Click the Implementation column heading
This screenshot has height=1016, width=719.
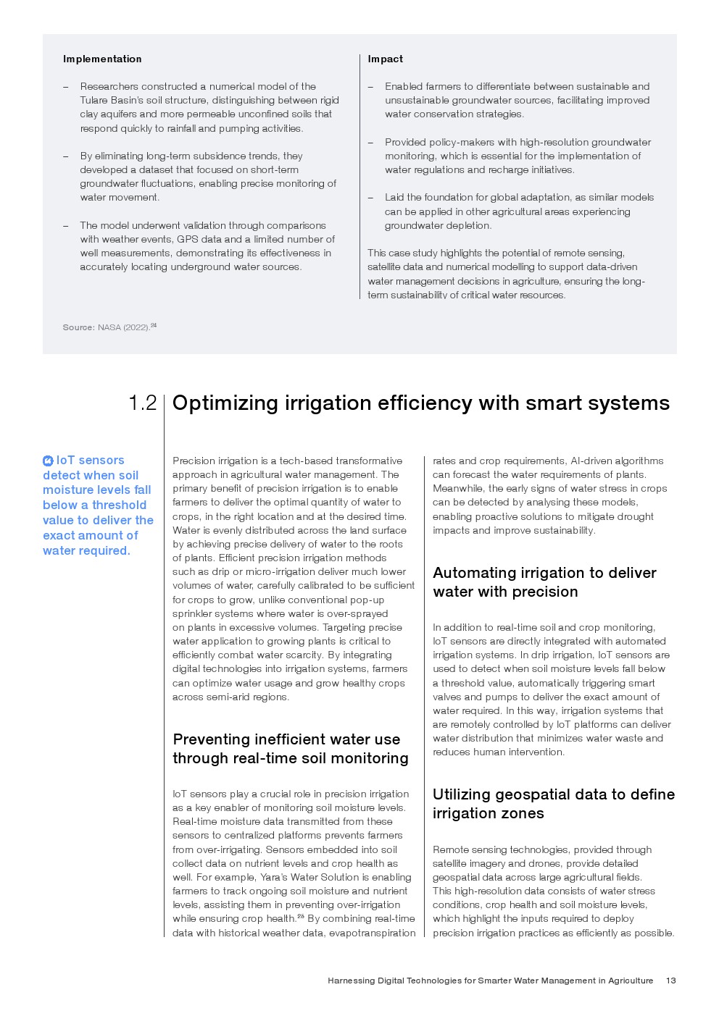pyautogui.click(x=102, y=59)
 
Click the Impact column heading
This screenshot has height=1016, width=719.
pyautogui.click(x=385, y=59)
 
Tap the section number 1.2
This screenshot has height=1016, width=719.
pyautogui.click(x=142, y=403)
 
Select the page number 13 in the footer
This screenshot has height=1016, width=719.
pyautogui.click(x=670, y=981)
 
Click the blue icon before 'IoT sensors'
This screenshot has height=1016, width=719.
pyautogui.click(x=48, y=461)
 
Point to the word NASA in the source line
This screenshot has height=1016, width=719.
pyautogui.click(x=109, y=327)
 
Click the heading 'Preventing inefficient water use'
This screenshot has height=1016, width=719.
pyautogui.click(x=286, y=739)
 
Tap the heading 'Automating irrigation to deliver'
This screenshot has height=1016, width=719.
pyautogui.click(x=544, y=573)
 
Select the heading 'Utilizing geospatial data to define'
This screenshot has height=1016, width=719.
pyautogui.click(x=553, y=794)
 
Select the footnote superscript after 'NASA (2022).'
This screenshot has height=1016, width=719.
pyautogui.click(x=154, y=325)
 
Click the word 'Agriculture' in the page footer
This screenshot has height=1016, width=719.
pyautogui.click(x=631, y=981)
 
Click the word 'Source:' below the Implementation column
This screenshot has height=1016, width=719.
pyautogui.click(x=78, y=327)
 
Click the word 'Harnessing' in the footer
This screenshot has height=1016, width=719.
pyautogui.click(x=352, y=981)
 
